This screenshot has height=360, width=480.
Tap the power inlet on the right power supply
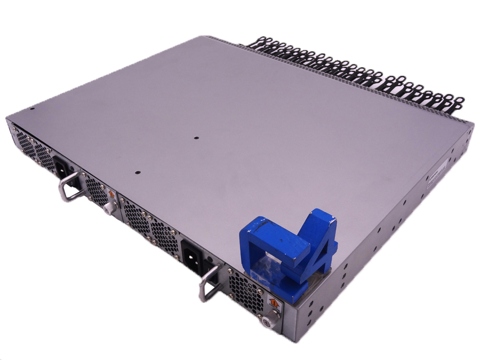193,254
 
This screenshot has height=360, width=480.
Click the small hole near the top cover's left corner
31,109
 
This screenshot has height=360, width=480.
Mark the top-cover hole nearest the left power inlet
137,172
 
